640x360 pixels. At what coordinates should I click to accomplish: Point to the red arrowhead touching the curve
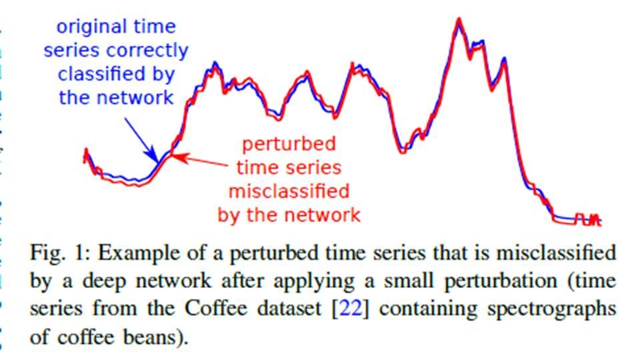[x=175, y=157]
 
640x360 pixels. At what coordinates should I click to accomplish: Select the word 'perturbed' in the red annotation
[x=288, y=144]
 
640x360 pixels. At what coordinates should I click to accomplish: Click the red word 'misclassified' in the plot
[x=289, y=192]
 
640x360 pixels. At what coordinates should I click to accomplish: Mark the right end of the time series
[x=600, y=222]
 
